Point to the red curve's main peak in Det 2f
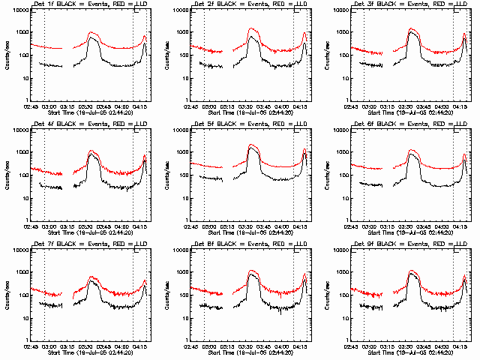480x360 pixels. [x=253, y=28]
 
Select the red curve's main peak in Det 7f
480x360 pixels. [x=93, y=277]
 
